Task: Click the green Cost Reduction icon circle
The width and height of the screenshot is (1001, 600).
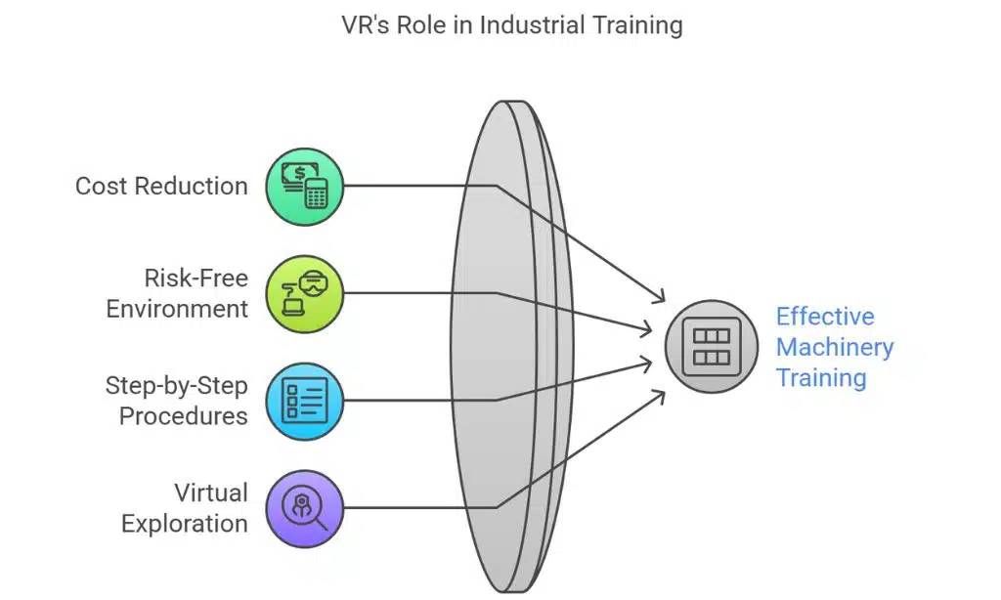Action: click(305, 186)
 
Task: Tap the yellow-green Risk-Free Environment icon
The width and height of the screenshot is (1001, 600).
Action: click(305, 293)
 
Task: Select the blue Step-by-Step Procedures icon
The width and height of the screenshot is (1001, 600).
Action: click(305, 400)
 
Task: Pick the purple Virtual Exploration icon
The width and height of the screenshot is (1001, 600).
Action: click(305, 507)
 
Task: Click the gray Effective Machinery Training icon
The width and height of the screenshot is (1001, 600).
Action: click(711, 346)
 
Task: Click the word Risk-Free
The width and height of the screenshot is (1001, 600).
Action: click(196, 279)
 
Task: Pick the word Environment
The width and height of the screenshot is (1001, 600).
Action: click(177, 309)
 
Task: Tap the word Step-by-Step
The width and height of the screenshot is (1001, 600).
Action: click(176, 385)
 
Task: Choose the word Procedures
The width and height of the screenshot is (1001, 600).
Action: click(183, 416)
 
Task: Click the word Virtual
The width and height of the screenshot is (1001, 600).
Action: click(210, 493)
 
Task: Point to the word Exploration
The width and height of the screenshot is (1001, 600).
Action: click(184, 524)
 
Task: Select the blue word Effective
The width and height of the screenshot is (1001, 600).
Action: click(825, 317)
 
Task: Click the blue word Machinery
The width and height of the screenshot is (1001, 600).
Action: click(834, 347)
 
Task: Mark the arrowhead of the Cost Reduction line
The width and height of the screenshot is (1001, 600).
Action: click(661, 297)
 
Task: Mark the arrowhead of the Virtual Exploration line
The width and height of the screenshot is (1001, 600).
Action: click(661, 396)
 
